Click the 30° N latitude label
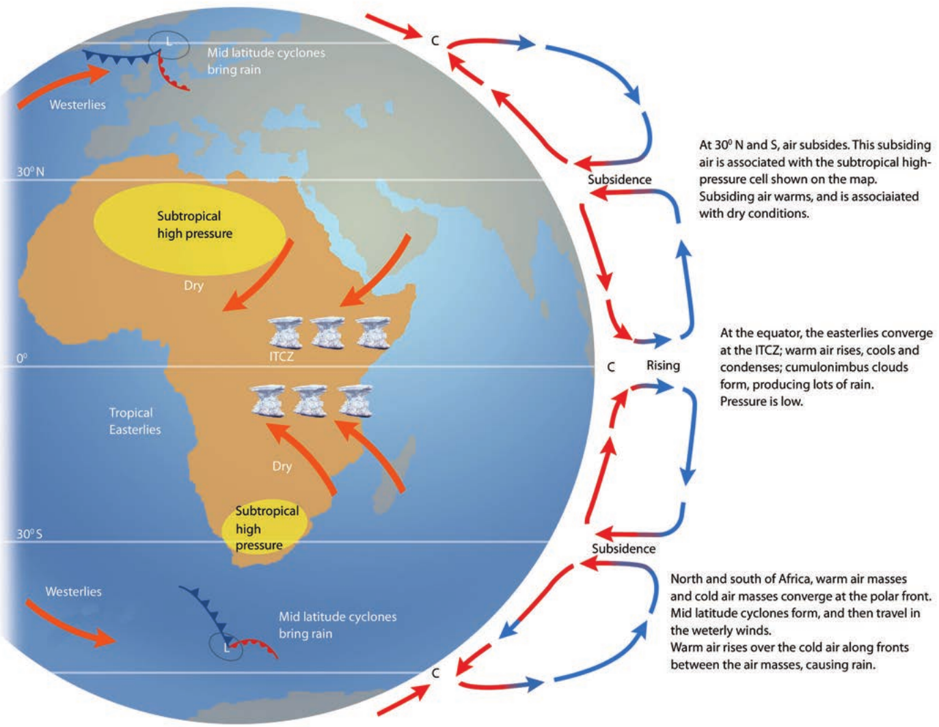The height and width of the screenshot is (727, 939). (x=31, y=172)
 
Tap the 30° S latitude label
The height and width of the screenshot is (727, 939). (x=30, y=534)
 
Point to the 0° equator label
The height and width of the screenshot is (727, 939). (x=22, y=359)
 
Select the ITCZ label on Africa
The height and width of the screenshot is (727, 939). (x=282, y=357)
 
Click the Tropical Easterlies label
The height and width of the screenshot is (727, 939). (x=135, y=421)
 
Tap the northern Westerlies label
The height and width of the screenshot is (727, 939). (x=77, y=105)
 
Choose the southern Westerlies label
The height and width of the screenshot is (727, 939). (x=73, y=591)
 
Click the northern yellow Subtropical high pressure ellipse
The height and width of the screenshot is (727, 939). (x=189, y=229)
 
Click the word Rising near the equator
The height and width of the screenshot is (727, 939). (x=664, y=366)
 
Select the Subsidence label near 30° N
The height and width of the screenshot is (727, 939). (x=620, y=179)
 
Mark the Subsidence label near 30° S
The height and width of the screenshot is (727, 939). (x=623, y=549)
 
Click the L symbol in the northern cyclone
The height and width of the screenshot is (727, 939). (x=169, y=42)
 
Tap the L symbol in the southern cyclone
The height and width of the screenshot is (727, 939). (x=226, y=648)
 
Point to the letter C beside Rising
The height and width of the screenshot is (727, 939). (x=611, y=367)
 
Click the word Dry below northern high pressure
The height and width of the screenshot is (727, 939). (x=193, y=286)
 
